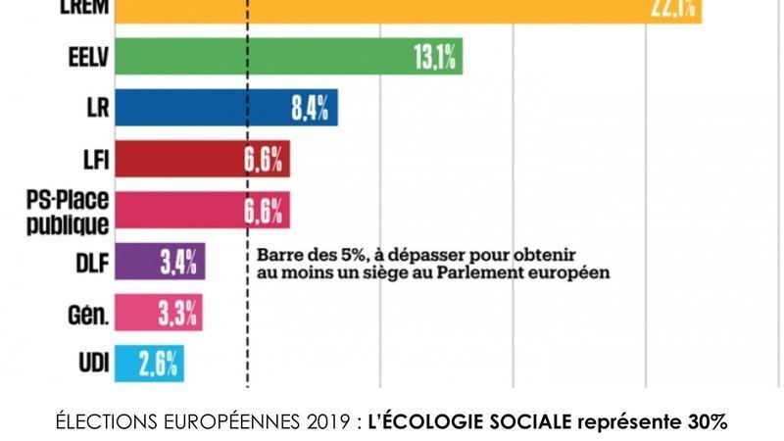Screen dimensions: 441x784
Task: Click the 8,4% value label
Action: [x=309, y=109]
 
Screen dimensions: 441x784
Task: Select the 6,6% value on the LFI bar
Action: [x=263, y=159]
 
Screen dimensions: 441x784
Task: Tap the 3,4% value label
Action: [x=178, y=262]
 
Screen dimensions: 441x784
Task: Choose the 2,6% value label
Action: [x=158, y=366]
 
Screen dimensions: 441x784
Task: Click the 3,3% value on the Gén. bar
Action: [x=177, y=314]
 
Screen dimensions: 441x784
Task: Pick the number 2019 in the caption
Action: [x=325, y=421]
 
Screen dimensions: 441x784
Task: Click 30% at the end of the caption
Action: [x=705, y=421]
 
